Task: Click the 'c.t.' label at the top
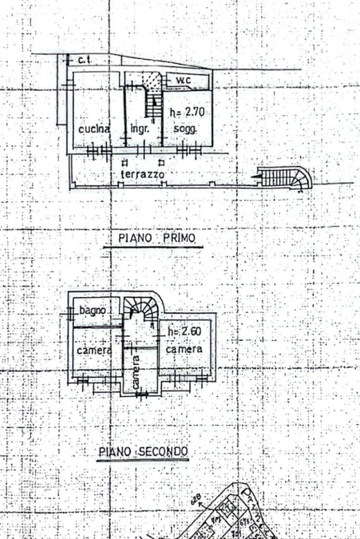pos(84,60)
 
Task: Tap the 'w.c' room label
pos(183,80)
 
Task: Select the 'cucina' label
pos(94,129)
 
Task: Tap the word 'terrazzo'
pos(142,173)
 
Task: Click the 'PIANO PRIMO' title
pos(157,238)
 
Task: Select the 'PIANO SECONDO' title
pos(143,452)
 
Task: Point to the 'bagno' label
pos(93,310)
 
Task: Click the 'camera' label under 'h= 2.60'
pos(184,349)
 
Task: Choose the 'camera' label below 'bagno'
pos(94,350)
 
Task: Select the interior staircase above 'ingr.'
pos(153,105)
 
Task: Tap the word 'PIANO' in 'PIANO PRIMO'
pos(135,238)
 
